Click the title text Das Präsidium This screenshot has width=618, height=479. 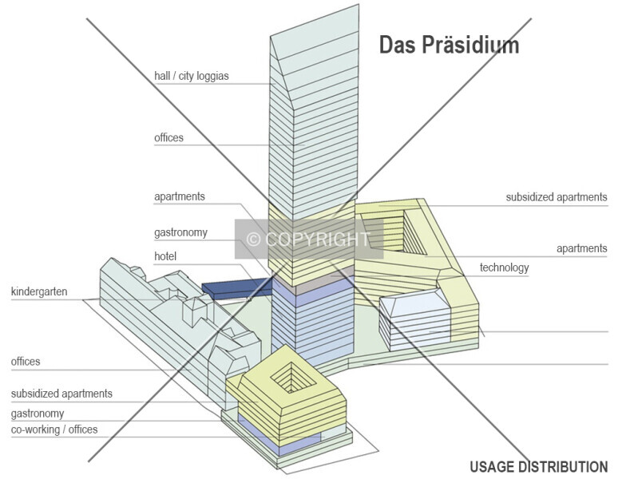[x=449, y=45]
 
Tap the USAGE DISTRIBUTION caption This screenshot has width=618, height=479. [x=539, y=467]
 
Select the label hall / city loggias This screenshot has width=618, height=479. [x=192, y=76]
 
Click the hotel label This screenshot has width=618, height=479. [x=165, y=256]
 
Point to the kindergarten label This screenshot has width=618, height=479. [x=39, y=291]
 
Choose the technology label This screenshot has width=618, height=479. [x=504, y=267]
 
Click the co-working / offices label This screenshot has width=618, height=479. [x=54, y=430]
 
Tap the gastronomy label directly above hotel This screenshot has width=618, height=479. [x=180, y=232]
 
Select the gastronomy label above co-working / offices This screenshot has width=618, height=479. [x=38, y=414]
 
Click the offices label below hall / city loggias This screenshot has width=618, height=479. [x=168, y=137]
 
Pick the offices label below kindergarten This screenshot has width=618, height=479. [x=26, y=361]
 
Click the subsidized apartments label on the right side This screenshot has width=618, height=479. [x=557, y=196]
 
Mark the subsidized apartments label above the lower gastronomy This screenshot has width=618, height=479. [x=61, y=393]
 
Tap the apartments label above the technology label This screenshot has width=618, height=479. [x=582, y=248]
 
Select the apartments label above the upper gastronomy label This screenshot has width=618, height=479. [x=180, y=196]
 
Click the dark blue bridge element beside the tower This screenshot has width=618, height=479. [x=237, y=288]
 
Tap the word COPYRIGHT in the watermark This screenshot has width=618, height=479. [x=318, y=239]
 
